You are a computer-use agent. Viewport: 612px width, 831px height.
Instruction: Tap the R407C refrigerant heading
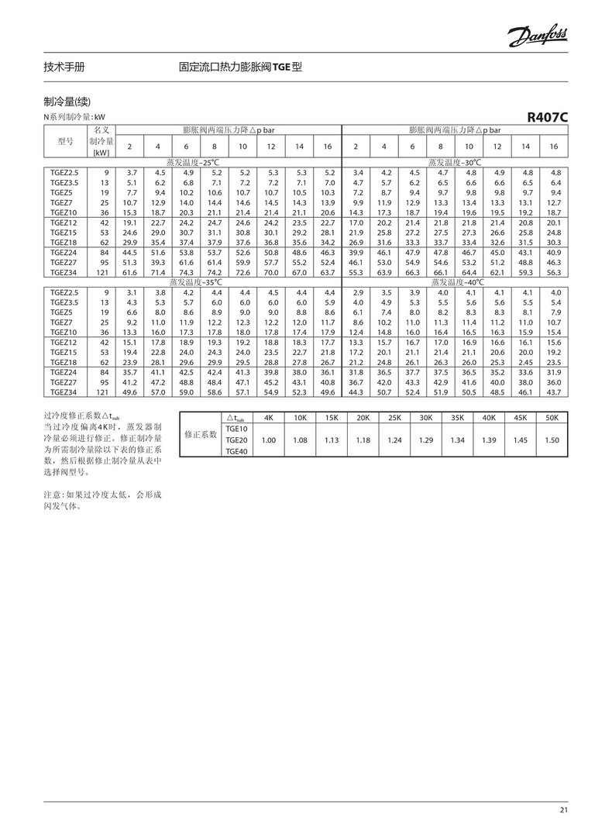[x=547, y=118]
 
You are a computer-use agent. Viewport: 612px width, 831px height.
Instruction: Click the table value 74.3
[x=186, y=273]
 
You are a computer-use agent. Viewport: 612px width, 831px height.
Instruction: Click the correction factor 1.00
[x=269, y=440]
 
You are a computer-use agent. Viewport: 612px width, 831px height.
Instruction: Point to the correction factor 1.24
[x=394, y=440]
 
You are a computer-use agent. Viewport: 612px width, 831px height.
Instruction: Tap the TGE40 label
[x=236, y=451]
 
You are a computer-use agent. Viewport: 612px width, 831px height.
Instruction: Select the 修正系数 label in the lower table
[x=200, y=435]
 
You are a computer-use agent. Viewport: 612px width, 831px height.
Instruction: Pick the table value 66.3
[x=413, y=273]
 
